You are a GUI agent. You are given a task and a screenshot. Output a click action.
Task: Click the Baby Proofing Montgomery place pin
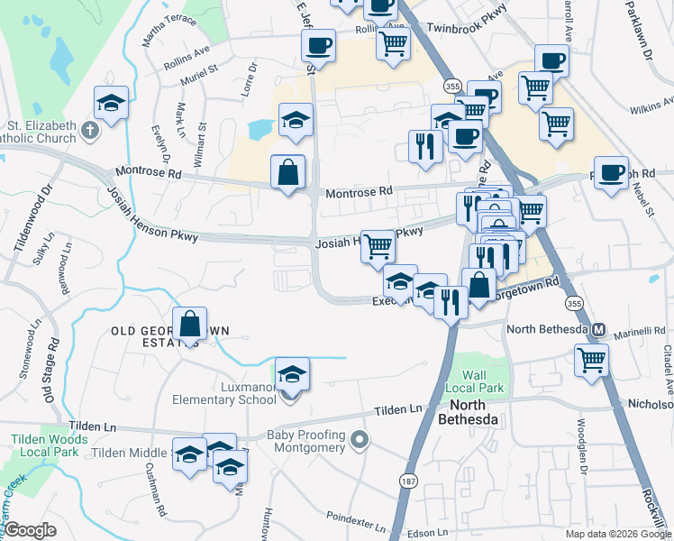pyautogui.click(x=360, y=441)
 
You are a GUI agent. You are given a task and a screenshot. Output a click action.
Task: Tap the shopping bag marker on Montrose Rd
pyautogui.click(x=287, y=172)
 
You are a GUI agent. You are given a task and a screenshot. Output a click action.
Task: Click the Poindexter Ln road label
pyautogui.click(x=357, y=519)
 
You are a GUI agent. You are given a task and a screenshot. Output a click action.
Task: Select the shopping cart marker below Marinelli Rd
pyautogui.click(x=591, y=359)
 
